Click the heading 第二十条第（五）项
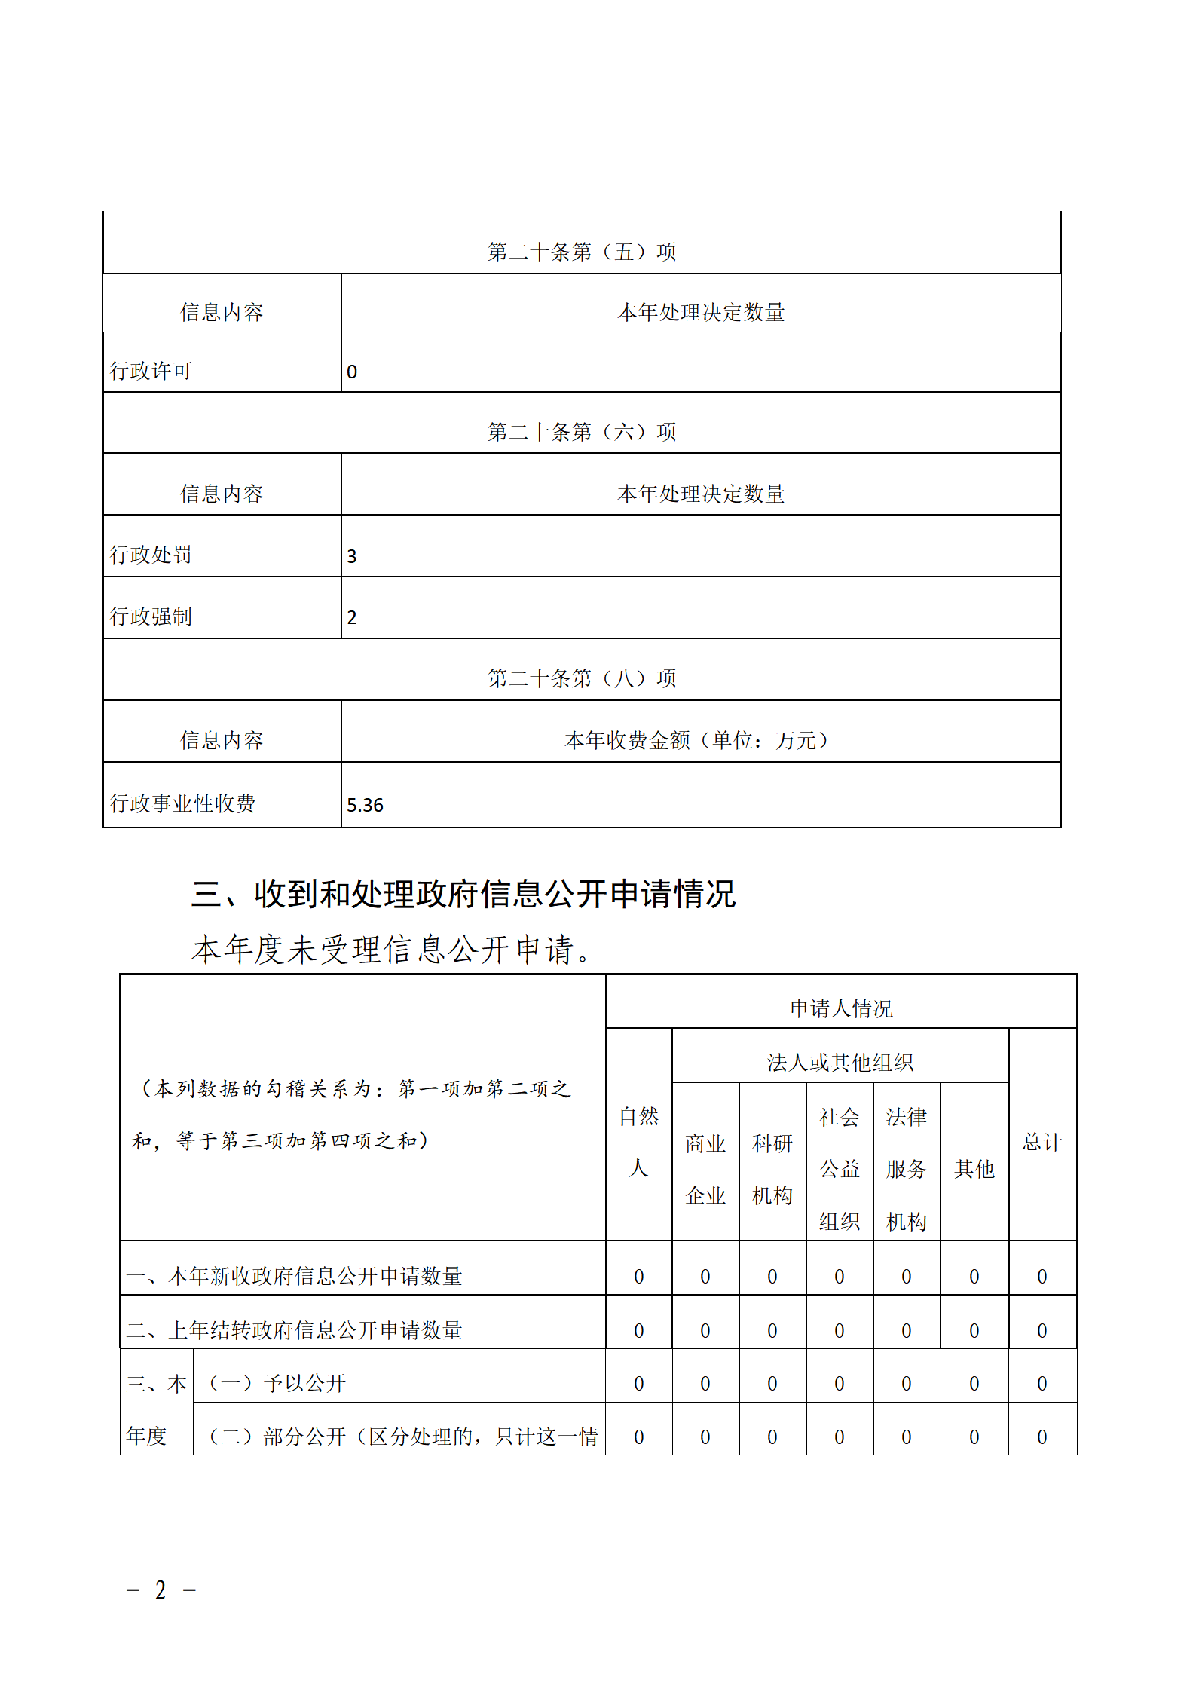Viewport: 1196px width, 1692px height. [581, 252]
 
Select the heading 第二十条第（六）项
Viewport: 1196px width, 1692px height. [581, 432]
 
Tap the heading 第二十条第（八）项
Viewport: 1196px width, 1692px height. [581, 678]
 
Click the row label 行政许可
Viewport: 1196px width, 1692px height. [151, 371]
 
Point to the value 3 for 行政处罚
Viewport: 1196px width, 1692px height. [352, 556]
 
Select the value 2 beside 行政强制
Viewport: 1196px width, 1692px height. [352, 617]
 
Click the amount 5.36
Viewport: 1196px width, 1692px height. [365, 805]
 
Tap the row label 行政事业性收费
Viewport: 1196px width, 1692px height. [182, 803]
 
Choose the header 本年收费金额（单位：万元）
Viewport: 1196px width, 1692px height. [699, 740]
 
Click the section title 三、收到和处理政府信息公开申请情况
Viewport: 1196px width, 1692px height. [463, 894]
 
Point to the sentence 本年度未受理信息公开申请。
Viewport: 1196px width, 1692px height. [391, 949]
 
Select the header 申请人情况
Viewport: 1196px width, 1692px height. [840, 1008]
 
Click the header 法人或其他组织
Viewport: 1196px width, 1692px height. [840, 1063]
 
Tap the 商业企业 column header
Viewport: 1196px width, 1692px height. [705, 1169]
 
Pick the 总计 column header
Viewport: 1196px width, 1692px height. [1042, 1142]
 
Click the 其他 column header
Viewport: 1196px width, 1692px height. [974, 1169]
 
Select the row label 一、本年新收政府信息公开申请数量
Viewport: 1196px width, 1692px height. [294, 1276]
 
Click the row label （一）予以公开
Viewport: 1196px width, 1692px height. [276, 1383]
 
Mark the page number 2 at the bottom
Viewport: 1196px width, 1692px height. [161, 1591]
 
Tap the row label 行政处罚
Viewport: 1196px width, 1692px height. [151, 555]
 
